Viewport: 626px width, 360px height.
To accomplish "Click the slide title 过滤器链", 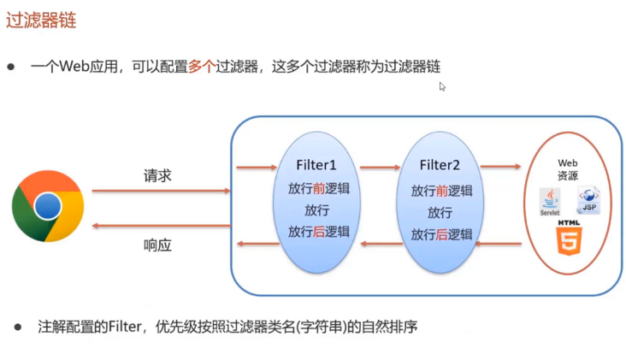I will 36,21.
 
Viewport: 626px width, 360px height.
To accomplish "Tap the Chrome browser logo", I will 48,205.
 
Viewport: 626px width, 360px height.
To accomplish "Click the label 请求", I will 157,175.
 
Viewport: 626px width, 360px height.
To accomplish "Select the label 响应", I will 157,245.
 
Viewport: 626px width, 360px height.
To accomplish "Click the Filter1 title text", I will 318,165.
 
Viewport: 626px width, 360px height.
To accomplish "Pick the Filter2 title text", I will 441,165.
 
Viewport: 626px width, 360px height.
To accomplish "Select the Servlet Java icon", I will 549,202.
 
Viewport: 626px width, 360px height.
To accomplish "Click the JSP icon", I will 588,200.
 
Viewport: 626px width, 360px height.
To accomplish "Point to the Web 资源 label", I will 568,168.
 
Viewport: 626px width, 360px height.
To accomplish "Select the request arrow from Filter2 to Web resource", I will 500,168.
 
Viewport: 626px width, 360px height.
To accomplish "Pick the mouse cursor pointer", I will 442,86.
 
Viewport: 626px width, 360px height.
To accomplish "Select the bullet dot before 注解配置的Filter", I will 18,328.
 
